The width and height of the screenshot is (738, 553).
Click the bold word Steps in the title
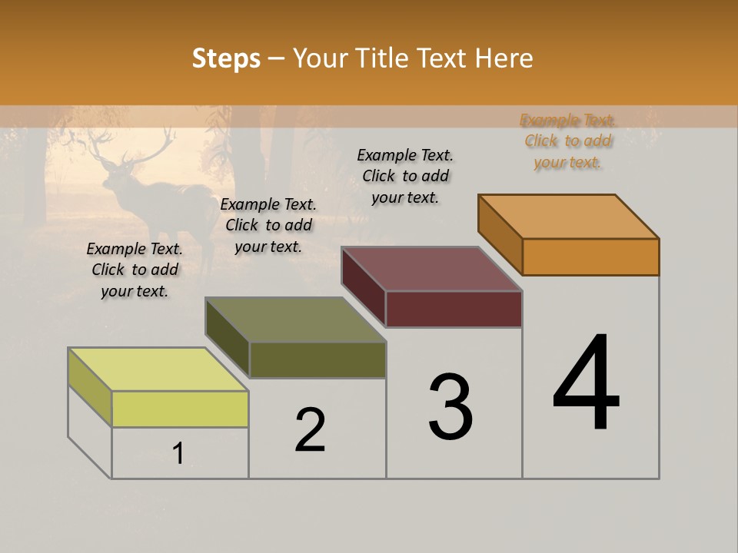click(226, 58)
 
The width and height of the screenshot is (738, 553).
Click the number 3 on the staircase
click(450, 407)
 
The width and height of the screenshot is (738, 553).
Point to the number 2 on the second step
click(311, 430)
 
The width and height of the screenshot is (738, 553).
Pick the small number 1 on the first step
click(178, 454)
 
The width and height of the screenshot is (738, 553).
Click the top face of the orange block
click(569, 217)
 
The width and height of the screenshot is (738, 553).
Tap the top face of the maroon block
click(432, 269)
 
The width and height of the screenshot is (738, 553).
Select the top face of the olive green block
click(296, 320)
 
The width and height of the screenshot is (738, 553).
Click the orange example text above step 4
click(568, 141)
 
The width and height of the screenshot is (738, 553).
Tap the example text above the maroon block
click(405, 176)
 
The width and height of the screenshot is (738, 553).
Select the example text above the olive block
click(268, 225)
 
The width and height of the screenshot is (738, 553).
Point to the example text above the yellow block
click(135, 270)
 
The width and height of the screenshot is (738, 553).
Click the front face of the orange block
click(590, 257)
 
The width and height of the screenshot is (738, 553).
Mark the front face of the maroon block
click(454, 309)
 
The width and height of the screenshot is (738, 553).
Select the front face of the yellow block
click(180, 409)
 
